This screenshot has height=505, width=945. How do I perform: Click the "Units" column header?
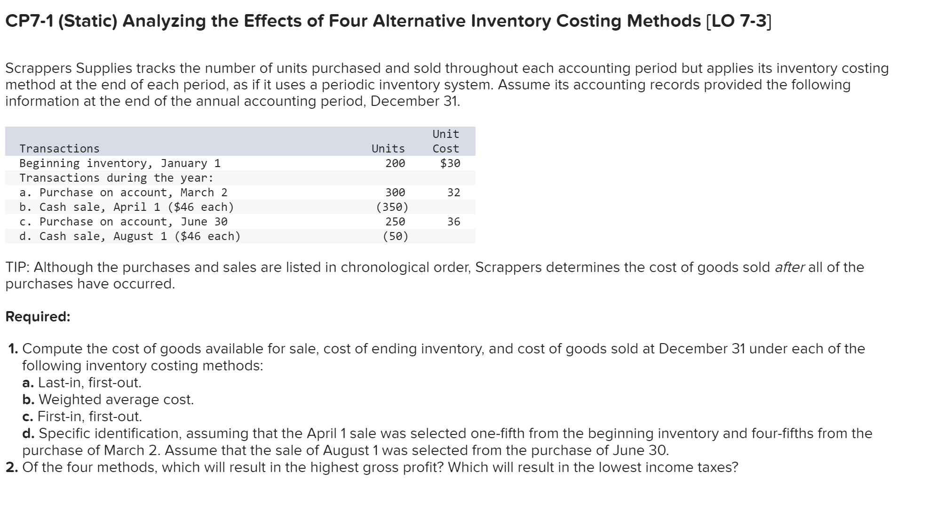click(388, 149)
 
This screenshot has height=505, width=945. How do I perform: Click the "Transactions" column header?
click(60, 149)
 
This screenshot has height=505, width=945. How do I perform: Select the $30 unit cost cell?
click(450, 163)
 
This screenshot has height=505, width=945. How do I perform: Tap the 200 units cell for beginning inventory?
click(395, 163)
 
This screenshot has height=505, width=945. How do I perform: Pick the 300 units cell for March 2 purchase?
click(395, 192)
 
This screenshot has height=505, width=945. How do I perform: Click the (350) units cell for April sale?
click(392, 207)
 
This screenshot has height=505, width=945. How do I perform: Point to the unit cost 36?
click(453, 222)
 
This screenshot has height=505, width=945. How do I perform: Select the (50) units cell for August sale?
click(396, 236)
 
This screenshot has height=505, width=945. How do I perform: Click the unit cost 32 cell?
click(453, 192)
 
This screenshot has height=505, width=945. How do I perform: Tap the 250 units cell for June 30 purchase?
click(395, 222)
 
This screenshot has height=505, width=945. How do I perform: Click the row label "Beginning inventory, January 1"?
click(120, 163)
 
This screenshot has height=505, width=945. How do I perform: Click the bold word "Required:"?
click(38, 317)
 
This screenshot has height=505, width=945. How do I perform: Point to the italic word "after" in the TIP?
click(789, 267)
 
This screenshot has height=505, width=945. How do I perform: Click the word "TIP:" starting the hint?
click(18, 267)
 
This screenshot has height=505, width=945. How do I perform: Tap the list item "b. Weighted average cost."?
click(108, 400)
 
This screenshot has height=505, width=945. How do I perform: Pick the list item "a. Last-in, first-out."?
click(82, 383)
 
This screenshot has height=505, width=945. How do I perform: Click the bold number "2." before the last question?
click(12, 467)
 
